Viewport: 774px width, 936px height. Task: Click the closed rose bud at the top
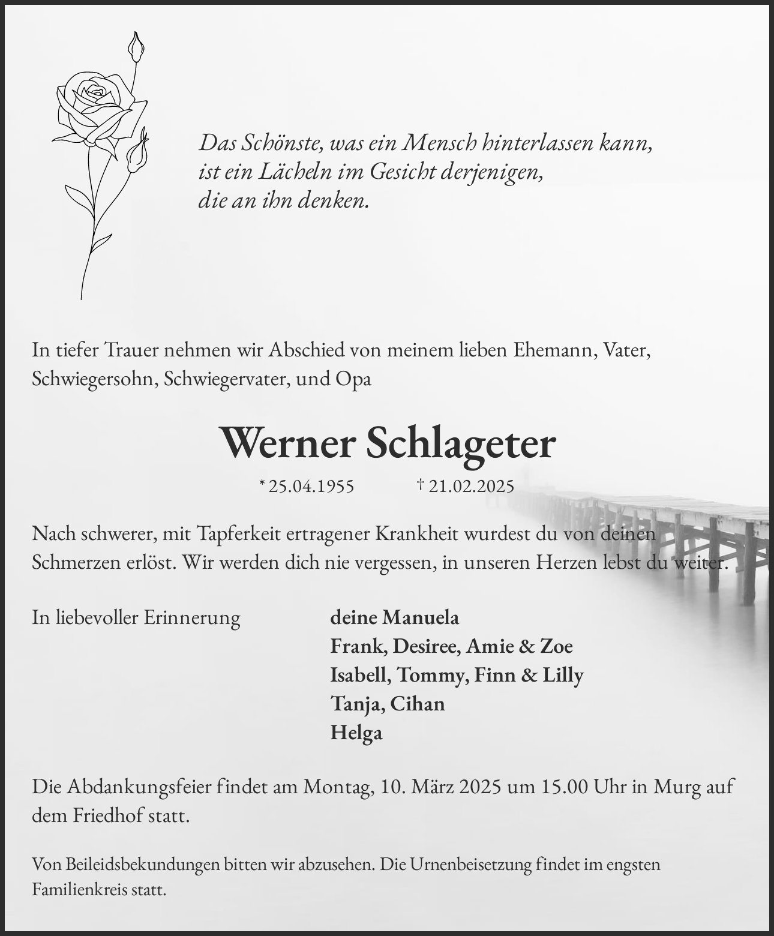click(137, 48)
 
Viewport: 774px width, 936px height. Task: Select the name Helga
click(356, 733)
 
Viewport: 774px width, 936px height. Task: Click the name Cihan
click(418, 704)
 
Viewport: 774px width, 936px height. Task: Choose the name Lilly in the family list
click(563, 675)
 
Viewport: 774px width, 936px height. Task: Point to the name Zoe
click(556, 646)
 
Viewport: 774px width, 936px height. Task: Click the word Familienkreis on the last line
click(82, 890)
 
